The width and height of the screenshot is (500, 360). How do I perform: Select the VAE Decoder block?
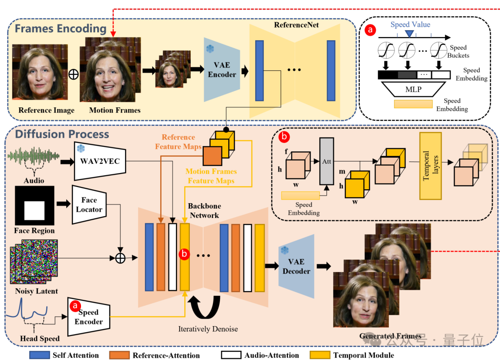click(x=296, y=266)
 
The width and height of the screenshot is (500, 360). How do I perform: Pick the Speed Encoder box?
click(x=88, y=317)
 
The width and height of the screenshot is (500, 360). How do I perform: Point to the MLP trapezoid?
click(x=413, y=89)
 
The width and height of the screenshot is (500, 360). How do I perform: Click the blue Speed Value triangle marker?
click(x=410, y=33)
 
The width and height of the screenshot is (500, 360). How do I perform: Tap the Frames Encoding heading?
click(x=61, y=29)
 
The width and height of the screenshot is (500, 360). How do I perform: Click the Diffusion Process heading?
click(x=62, y=134)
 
